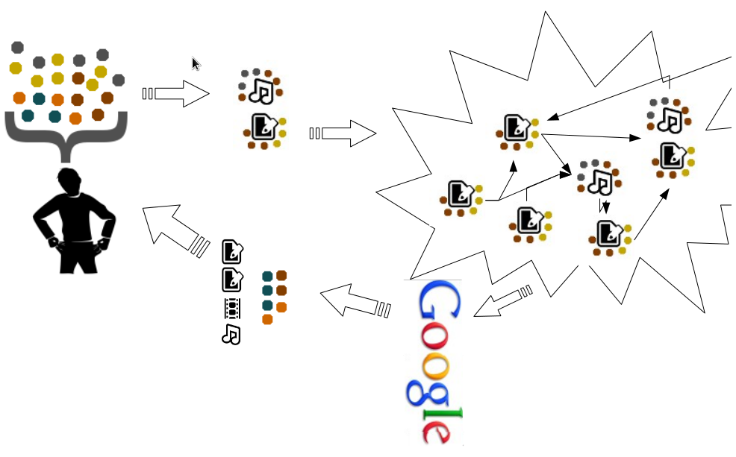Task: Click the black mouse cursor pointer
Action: point(196,64)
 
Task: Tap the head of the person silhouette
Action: point(70,182)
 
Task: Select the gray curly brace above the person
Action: point(66,134)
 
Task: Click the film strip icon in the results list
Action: point(232,307)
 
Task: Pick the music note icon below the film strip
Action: point(231,334)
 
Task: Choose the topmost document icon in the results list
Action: point(233,252)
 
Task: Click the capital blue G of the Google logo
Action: point(438,303)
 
